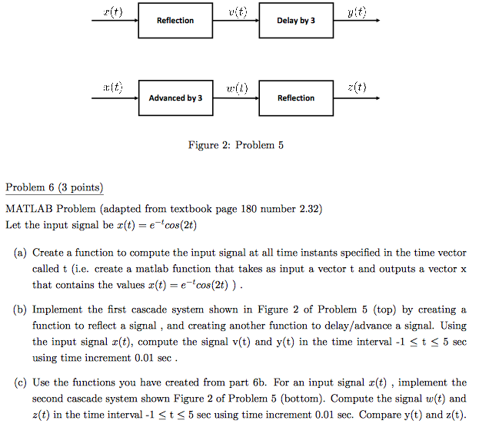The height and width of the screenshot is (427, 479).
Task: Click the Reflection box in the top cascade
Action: click(175, 21)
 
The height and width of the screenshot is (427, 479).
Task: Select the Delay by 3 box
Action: click(296, 21)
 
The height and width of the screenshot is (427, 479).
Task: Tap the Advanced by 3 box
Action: click(175, 98)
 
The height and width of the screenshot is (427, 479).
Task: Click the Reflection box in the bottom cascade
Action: click(296, 98)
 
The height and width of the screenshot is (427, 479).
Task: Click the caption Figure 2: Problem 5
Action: click(236, 144)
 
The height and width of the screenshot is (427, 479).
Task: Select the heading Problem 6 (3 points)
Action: click(54, 188)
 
